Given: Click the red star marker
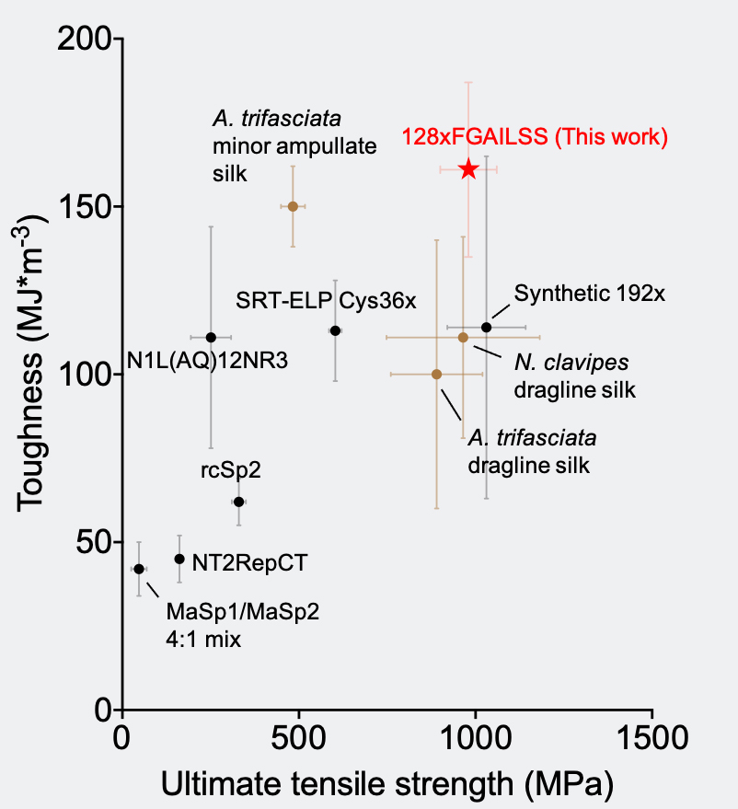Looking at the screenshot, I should pyautogui.click(x=468, y=168).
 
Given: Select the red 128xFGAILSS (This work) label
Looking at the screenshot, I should pyautogui.click(x=534, y=138).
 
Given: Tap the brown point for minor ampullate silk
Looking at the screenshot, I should pyautogui.click(x=293, y=206).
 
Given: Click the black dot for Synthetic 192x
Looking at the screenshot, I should pyautogui.click(x=487, y=328).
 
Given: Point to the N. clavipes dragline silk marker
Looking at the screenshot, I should pyautogui.click(x=463, y=337).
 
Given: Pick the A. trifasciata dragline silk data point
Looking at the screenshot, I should pyautogui.click(x=436, y=374).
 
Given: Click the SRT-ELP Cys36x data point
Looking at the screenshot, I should pyautogui.click(x=335, y=330).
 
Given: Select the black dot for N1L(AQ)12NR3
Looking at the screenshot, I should pyautogui.click(x=211, y=337).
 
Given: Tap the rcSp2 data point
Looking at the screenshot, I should pyautogui.click(x=238, y=502).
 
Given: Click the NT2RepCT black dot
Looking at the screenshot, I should pyautogui.click(x=179, y=559).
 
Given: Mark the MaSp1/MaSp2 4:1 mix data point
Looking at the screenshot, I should pyautogui.click(x=139, y=569).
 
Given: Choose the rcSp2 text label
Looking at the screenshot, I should pyautogui.click(x=231, y=469).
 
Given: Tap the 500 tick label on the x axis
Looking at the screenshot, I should pyautogui.click(x=298, y=739).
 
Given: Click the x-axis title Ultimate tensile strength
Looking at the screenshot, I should pyautogui.click(x=386, y=784).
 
